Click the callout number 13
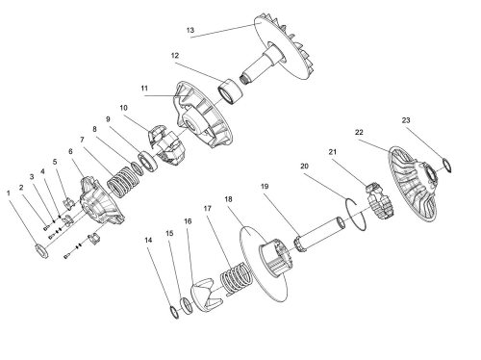(x=190, y=30)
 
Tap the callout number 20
(x=304, y=166)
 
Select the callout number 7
(x=82, y=140)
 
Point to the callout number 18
(x=228, y=199)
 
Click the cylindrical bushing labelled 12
(x=231, y=91)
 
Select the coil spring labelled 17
(x=236, y=278)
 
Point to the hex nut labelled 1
(x=41, y=251)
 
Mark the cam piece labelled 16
(x=206, y=296)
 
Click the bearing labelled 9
(x=148, y=162)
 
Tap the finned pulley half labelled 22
(x=414, y=184)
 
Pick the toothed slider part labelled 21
(x=381, y=202)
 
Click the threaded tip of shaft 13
(x=244, y=79)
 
